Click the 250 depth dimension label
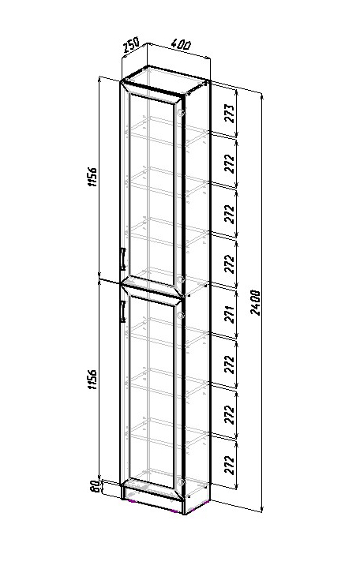[x=130, y=45]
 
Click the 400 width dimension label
[x=180, y=45]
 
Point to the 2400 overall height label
[x=257, y=302]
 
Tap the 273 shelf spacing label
[x=230, y=113]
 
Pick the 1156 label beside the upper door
[x=93, y=177]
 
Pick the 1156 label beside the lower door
[x=93, y=380]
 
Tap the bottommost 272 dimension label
[x=230, y=465]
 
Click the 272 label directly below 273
[x=230, y=163]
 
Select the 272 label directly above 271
[x=230, y=264]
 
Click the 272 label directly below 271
[x=230, y=364]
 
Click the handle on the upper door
[x=122, y=259]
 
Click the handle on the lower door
[x=122, y=312]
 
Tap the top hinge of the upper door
[x=180, y=113]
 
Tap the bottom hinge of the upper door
[x=180, y=279]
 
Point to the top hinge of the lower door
[x=180, y=316]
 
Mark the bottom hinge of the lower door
[x=180, y=481]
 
